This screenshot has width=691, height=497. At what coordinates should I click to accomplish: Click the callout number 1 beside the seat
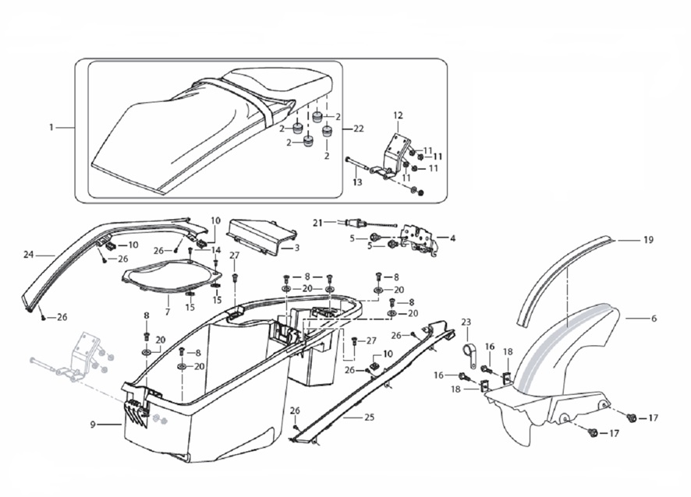coord(51,127)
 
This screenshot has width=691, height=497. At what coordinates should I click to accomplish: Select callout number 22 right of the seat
coord(359,128)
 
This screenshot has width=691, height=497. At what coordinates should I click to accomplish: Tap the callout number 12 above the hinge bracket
coord(397,115)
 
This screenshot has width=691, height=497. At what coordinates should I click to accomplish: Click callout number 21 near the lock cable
coord(317,223)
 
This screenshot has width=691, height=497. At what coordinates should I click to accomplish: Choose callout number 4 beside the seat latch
coord(452,237)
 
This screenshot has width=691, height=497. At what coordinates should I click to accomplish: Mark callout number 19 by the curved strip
coord(648,240)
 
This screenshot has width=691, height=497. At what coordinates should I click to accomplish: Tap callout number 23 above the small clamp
coord(466,322)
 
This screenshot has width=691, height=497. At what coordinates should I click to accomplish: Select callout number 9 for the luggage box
coord(93,425)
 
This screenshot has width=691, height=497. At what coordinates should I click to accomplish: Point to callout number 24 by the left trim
coord(29,255)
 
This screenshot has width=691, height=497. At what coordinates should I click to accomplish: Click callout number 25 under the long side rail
coord(368,418)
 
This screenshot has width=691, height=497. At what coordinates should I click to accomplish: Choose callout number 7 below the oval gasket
coord(166,312)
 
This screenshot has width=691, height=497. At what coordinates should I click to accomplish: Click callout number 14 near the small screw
coord(217,250)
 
